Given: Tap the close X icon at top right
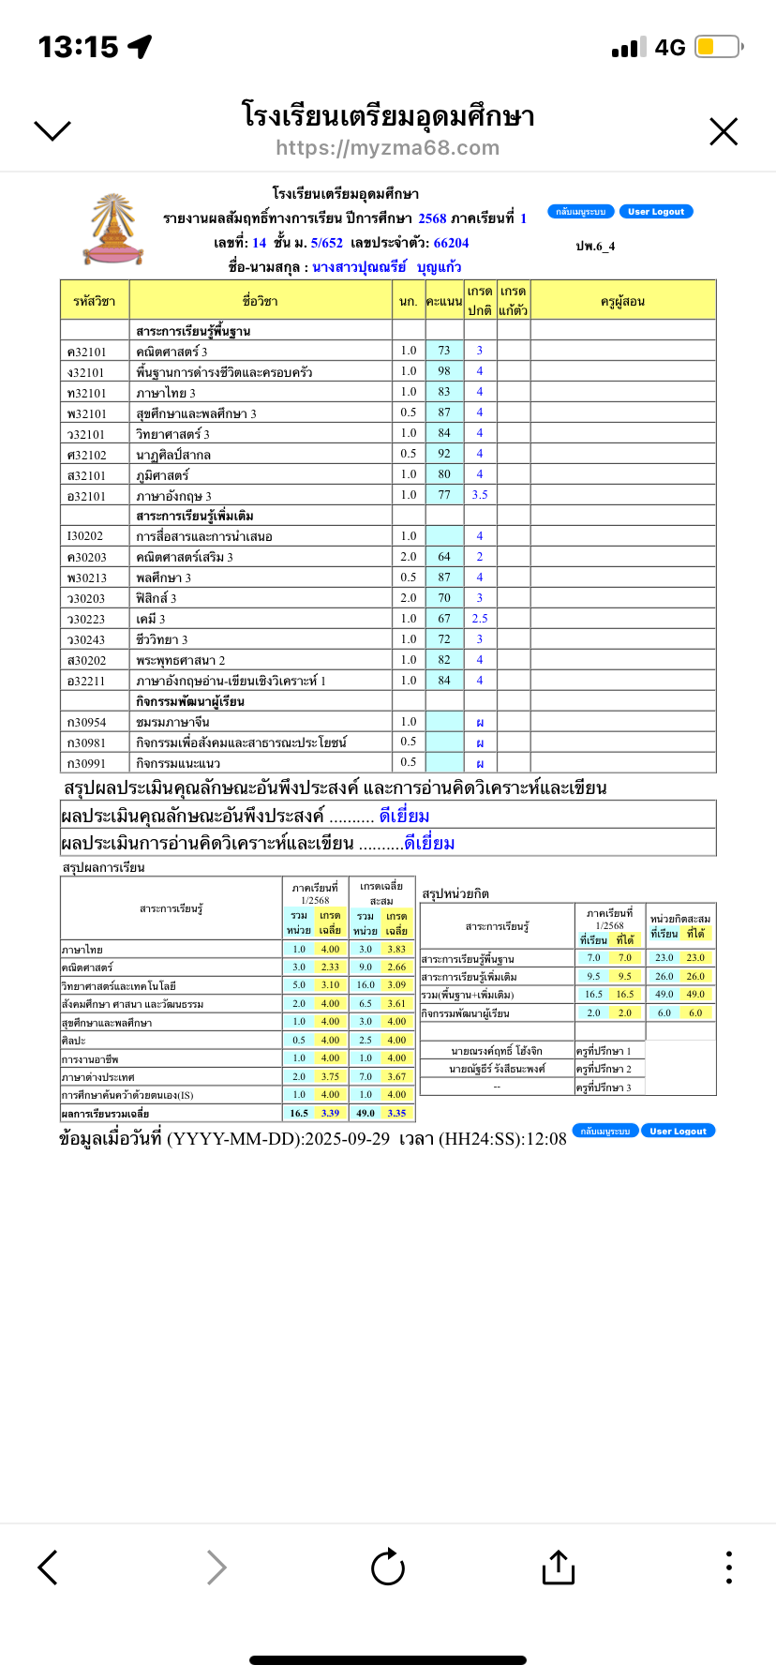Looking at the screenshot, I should [x=724, y=132].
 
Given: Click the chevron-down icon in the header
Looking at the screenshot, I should [x=52, y=130].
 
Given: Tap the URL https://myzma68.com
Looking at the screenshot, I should [x=387, y=148].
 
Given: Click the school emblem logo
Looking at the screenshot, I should [x=113, y=230].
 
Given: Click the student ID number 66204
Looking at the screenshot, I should [x=451, y=243].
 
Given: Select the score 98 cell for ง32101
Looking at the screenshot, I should [x=444, y=371].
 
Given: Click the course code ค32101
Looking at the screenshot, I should [x=87, y=352].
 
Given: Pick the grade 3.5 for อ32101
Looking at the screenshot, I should [x=480, y=495].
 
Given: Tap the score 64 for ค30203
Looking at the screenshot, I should [x=444, y=557].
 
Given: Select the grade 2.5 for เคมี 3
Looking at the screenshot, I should [x=480, y=619].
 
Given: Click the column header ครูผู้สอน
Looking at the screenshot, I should [x=622, y=301].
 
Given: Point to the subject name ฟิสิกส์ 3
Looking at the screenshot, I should [x=157, y=598].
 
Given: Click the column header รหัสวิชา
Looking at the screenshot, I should [x=94, y=301].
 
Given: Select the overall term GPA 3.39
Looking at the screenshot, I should [x=330, y=1113].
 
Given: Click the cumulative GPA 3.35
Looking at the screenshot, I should [x=396, y=1113].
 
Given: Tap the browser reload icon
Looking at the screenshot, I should [x=388, y=1567].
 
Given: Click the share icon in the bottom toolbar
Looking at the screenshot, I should [x=558, y=1567].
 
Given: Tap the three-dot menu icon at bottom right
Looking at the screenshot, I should [x=729, y=1567].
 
